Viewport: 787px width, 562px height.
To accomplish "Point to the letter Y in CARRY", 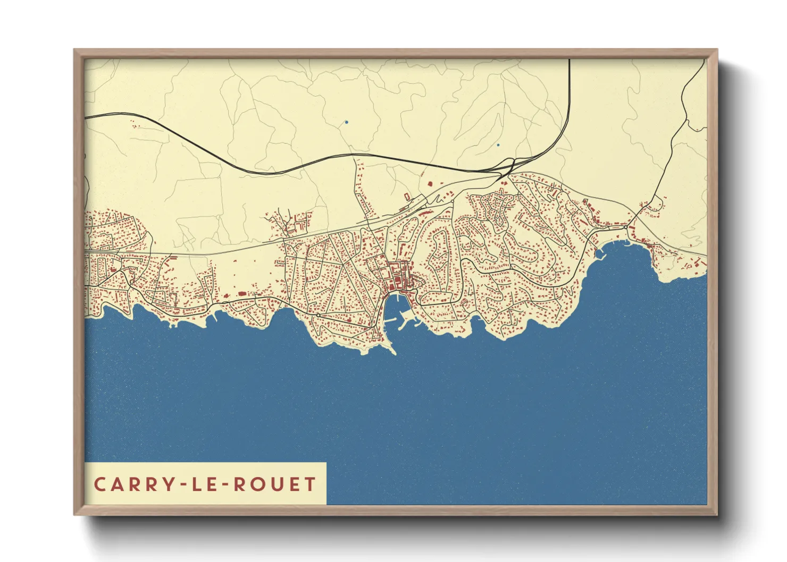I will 170,484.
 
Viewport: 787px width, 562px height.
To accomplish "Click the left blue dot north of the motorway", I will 347,122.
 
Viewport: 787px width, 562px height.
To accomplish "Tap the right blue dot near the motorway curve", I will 498,145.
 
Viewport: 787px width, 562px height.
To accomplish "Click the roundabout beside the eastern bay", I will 626,227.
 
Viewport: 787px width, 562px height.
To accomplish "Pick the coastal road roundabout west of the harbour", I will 318,316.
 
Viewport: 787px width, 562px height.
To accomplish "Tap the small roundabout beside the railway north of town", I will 453,201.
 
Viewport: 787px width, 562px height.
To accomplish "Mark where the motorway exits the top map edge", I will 570,60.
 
